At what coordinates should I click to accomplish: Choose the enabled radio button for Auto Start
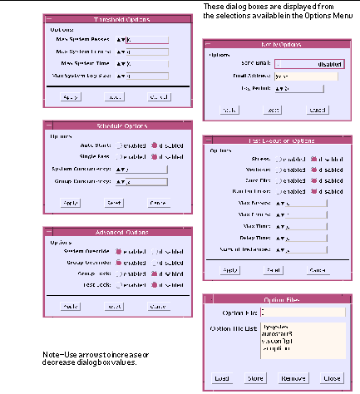[119, 145]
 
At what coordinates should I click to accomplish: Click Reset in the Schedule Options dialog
[115, 202]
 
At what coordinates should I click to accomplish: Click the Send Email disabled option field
[310, 62]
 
